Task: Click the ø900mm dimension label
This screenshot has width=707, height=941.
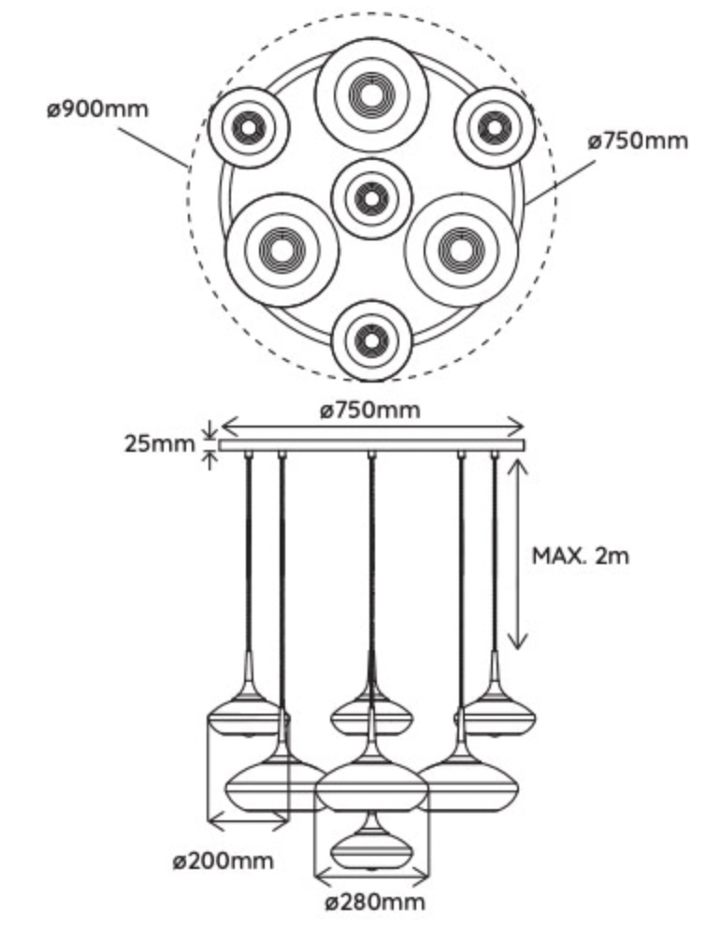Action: pos(97,109)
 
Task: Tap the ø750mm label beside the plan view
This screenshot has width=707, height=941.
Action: pos(638,141)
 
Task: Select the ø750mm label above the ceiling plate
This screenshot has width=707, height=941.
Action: pos(370,410)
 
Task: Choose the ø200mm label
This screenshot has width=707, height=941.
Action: pos(224,861)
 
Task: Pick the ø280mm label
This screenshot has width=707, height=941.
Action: pos(375,903)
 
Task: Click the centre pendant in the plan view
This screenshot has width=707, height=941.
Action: pos(371,198)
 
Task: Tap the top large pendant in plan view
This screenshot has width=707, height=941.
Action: pos(371,93)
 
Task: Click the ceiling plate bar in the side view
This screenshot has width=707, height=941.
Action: pos(371,445)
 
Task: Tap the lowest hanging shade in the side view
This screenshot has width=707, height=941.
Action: pos(371,847)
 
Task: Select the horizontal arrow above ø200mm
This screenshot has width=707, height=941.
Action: pos(248,823)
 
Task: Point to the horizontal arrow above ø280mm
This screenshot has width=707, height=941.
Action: pos(371,877)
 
